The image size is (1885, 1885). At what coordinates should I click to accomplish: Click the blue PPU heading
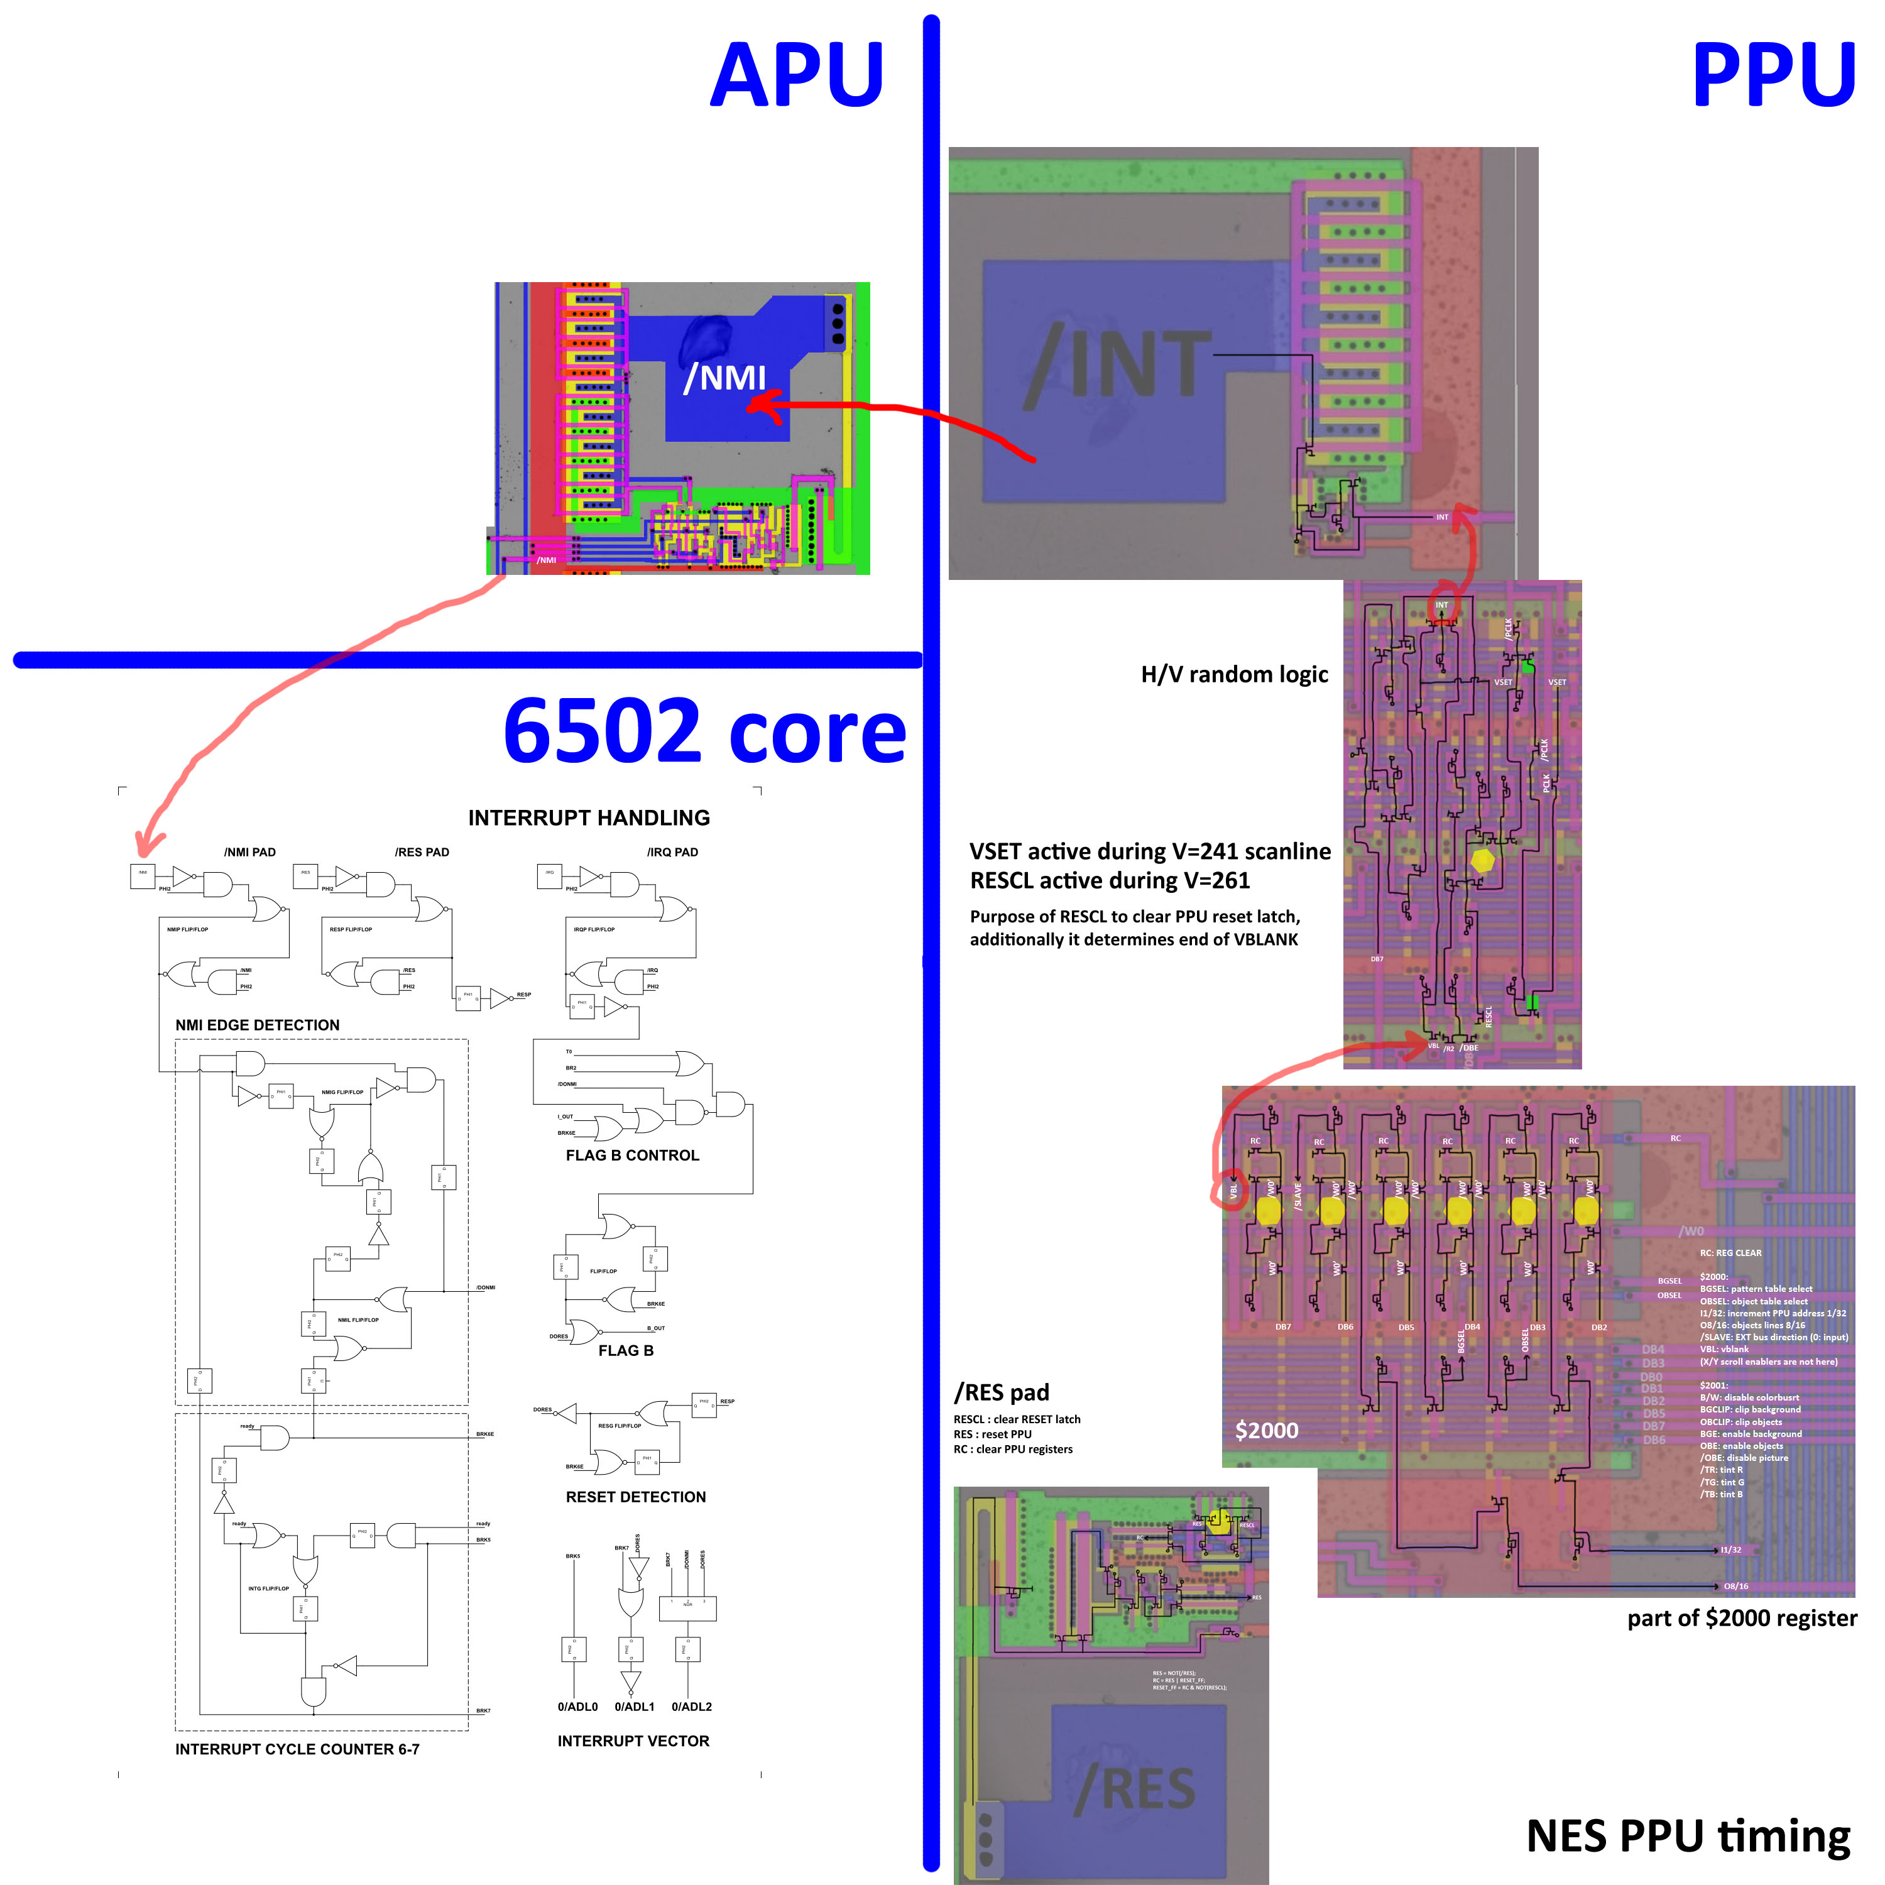point(1772,76)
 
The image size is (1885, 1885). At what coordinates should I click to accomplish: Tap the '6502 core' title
point(704,732)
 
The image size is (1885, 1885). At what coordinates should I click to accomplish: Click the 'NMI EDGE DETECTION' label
point(258,1024)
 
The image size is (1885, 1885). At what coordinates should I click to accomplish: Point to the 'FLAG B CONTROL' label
point(632,1156)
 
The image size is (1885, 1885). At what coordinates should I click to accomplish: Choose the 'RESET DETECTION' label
point(635,1497)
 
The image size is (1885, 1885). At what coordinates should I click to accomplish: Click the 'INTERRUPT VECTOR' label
point(633,1740)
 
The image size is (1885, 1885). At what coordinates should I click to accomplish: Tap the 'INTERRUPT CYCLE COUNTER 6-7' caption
point(297,1749)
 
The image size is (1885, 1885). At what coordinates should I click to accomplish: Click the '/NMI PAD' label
point(250,852)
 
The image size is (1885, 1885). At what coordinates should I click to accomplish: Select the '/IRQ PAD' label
point(672,852)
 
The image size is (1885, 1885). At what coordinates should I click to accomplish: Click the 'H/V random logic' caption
point(1234,674)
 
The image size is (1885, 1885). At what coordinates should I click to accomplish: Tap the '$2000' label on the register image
point(1267,1430)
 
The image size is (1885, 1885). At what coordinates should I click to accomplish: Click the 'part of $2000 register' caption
point(1742,1618)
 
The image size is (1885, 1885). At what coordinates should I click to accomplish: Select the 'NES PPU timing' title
point(1688,1835)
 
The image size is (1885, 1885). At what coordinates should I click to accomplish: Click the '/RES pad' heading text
point(1001,1392)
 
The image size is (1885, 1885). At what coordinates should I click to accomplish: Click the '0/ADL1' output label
point(634,1707)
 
